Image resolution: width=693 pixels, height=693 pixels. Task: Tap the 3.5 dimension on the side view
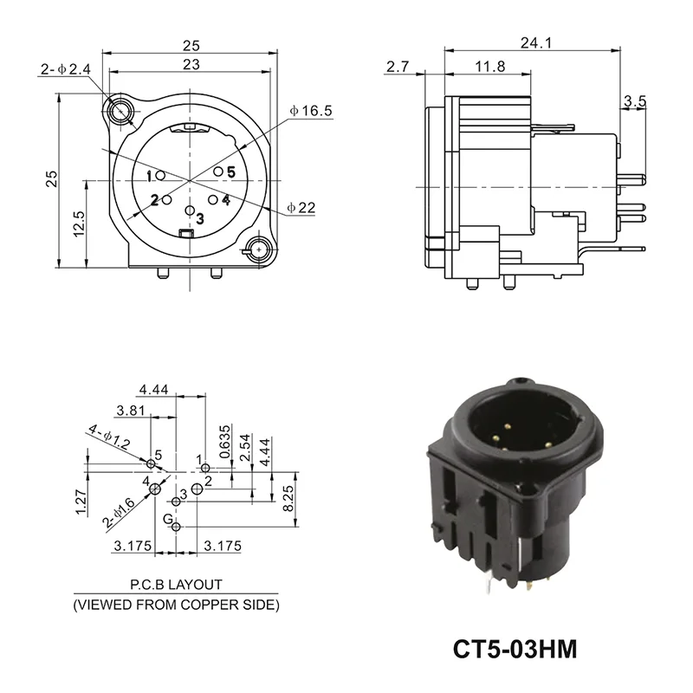(634, 102)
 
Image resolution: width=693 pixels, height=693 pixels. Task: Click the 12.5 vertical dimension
(80, 224)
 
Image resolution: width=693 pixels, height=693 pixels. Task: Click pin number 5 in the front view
(230, 172)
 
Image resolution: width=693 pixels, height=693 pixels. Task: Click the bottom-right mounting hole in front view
(257, 251)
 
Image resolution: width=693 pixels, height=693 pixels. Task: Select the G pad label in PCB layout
(167, 518)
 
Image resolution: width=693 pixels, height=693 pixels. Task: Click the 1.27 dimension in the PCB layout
(81, 501)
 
